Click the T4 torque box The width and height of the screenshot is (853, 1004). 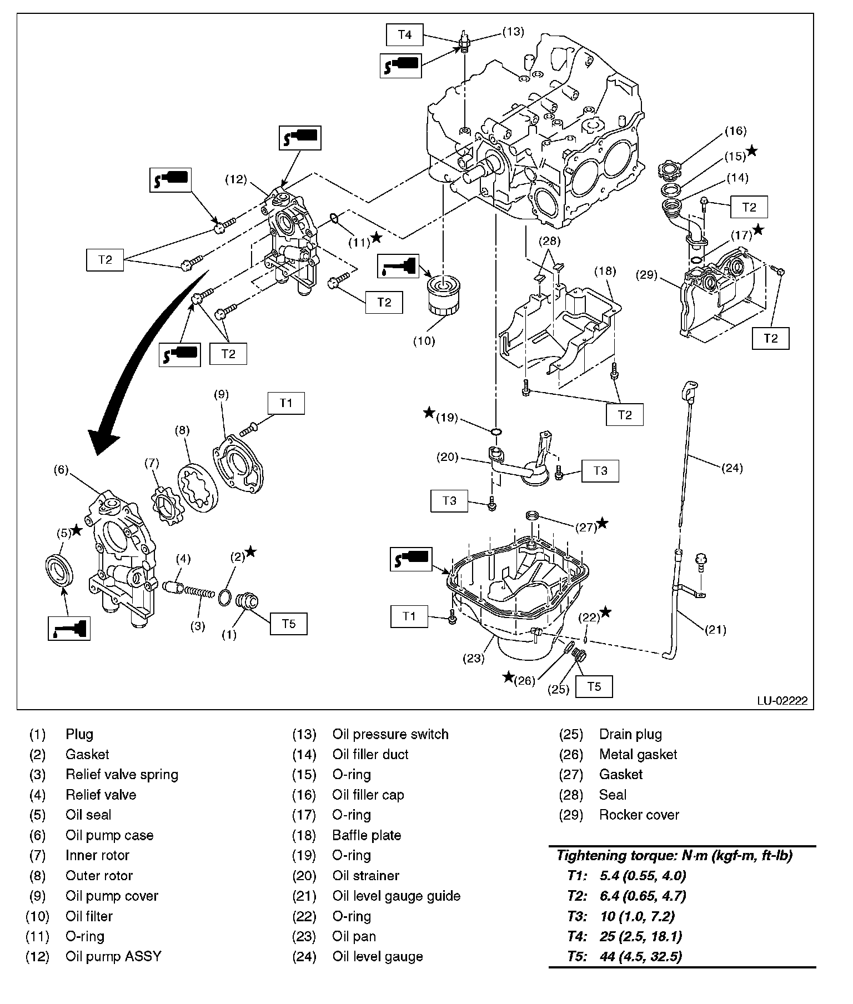click(405, 34)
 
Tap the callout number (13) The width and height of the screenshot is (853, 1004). click(513, 32)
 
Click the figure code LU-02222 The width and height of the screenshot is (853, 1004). click(781, 701)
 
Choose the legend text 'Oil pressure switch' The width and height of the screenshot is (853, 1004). click(390, 734)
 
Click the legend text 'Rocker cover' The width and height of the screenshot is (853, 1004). click(639, 815)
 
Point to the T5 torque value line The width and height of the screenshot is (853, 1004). click(625, 956)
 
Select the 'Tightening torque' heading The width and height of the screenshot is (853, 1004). click(674, 855)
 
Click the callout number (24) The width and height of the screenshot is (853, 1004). click(731, 468)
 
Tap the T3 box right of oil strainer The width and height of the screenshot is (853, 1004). click(600, 471)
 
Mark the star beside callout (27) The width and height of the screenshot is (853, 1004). click(602, 523)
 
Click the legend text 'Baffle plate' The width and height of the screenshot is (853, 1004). click(367, 835)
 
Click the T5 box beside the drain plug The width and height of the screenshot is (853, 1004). click(594, 686)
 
